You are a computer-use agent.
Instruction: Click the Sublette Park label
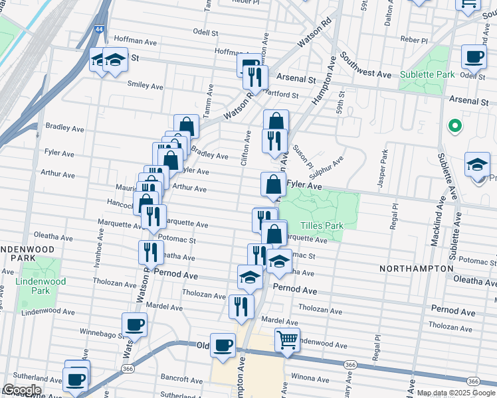[x=427, y=74]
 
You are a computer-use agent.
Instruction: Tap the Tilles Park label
[x=322, y=226]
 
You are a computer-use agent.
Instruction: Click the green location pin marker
[x=455, y=125]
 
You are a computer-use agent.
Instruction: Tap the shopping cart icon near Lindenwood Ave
[x=287, y=340]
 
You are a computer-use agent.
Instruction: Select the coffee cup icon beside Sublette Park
[x=473, y=56]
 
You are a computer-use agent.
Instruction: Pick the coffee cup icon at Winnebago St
[x=134, y=325]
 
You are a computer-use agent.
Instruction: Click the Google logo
[x=21, y=390]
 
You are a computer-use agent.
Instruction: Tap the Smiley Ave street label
[x=145, y=86]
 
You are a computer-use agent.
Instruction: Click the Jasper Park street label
[x=383, y=168]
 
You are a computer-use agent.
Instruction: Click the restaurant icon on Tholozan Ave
[x=241, y=306]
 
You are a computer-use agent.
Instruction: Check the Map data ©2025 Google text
[x=456, y=393]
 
